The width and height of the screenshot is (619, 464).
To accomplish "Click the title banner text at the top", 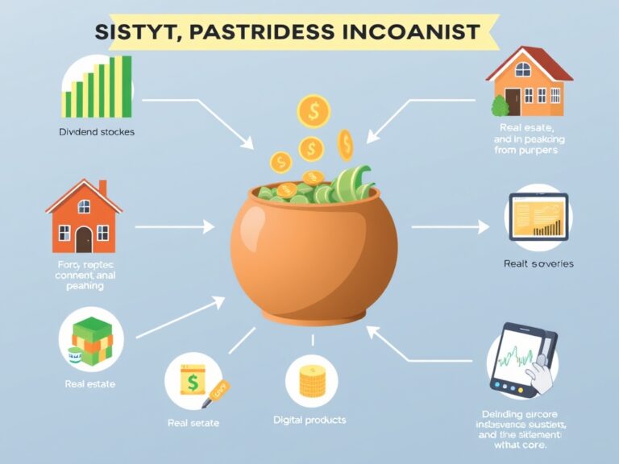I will point(287,32).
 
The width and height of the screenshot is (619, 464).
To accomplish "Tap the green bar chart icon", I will point(98,87).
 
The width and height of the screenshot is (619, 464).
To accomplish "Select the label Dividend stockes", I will point(97,132).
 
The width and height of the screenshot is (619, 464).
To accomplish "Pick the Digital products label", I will point(309,420).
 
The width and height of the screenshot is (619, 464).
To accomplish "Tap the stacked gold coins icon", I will point(311,382).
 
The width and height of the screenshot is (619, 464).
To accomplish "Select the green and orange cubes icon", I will point(89,339).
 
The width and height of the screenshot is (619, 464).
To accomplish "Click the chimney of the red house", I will point(102,187).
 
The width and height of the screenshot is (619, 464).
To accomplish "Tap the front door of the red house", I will point(84,238).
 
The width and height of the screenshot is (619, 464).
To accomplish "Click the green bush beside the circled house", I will point(500,105).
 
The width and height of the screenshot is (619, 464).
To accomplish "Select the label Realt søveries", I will point(538,263).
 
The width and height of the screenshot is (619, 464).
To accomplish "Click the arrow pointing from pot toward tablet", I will point(451,228).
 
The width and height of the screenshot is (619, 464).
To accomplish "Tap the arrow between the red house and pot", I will point(173,228).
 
